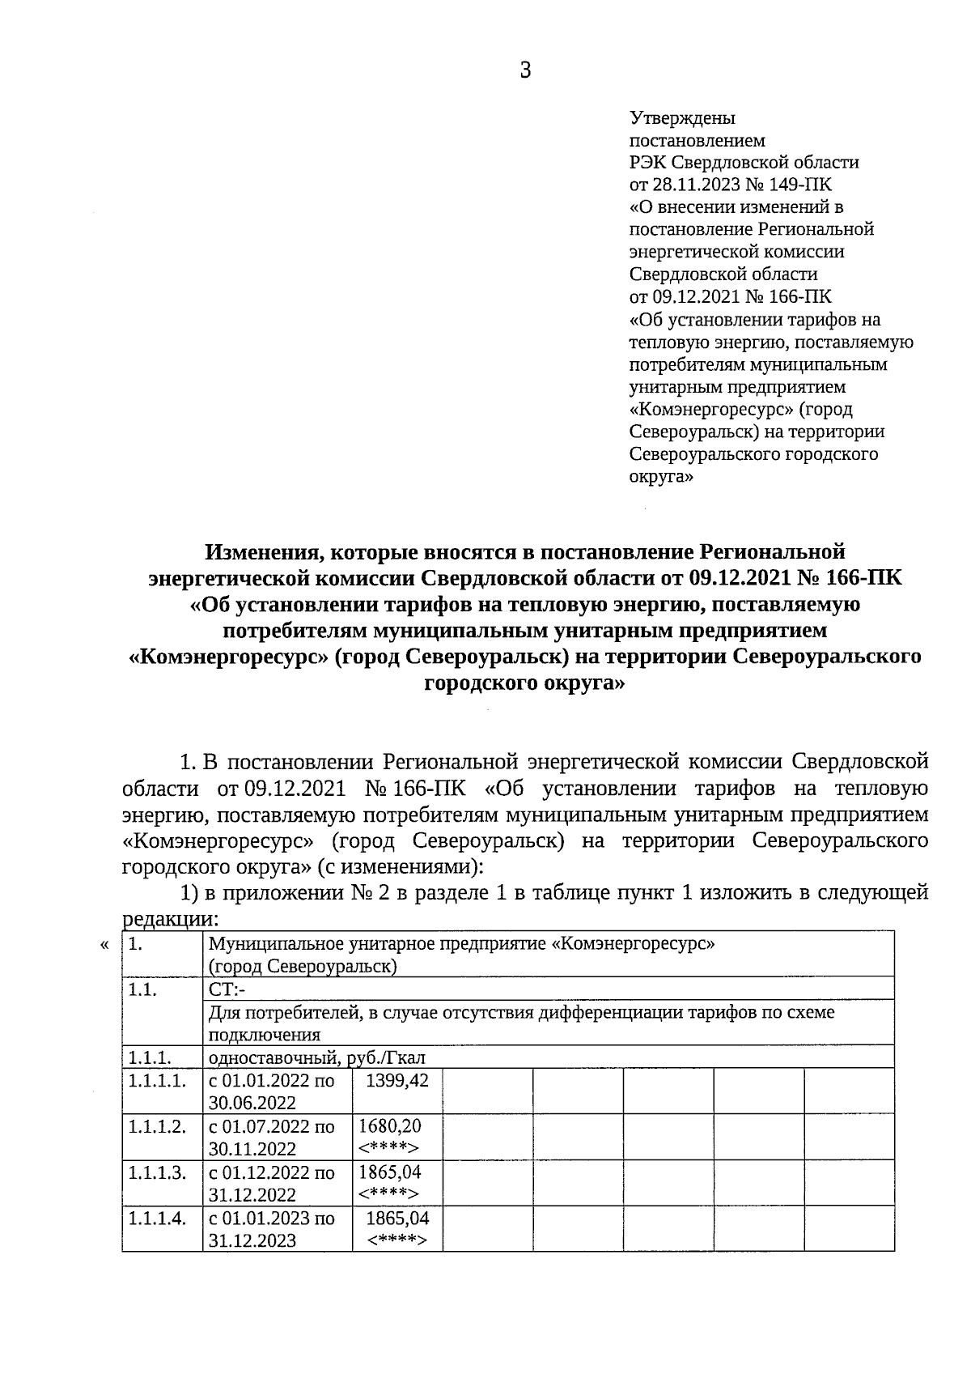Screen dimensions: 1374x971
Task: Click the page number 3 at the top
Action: [525, 71]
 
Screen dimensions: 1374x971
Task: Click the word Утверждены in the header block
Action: [682, 118]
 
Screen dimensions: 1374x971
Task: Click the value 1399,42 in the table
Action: [397, 1080]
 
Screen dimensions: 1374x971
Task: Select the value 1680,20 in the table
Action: [389, 1125]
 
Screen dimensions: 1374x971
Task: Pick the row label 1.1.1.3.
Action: [157, 1172]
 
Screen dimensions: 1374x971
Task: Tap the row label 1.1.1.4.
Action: [157, 1218]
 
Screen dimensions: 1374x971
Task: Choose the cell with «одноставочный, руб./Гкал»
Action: [316, 1057]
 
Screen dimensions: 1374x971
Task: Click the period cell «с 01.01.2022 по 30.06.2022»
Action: [271, 1091]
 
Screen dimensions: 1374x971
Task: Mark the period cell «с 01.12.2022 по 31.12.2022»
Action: [271, 1183]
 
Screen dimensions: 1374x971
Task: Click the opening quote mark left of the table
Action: [104, 944]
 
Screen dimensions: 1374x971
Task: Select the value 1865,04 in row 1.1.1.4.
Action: [397, 1218]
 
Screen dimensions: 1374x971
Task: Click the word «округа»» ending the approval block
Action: [661, 477]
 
